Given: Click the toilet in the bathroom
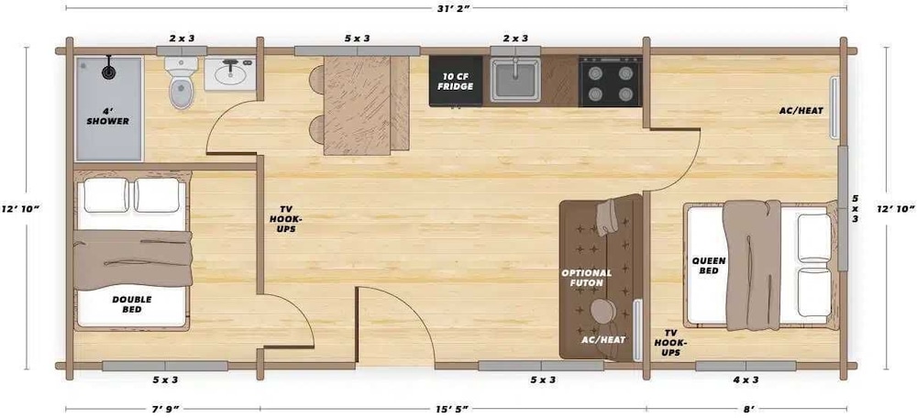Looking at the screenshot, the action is (x=182, y=82).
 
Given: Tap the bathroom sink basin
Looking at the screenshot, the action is (x=230, y=74).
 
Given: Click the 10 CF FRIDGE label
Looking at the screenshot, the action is (x=456, y=82).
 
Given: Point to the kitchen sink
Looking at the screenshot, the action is (x=515, y=80).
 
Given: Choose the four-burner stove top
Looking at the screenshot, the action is (x=610, y=82).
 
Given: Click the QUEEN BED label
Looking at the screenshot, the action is (x=709, y=266).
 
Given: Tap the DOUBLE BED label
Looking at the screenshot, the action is (x=132, y=304).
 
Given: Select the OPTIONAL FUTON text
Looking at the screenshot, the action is (x=587, y=278).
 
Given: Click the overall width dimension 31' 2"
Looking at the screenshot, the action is (x=456, y=7).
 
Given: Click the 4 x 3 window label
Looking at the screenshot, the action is (x=746, y=380).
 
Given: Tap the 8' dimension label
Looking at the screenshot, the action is (x=745, y=409).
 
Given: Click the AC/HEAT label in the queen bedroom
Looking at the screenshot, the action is (x=801, y=111).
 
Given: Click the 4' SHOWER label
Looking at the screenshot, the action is (x=108, y=116).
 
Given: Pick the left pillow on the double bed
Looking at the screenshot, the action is (x=105, y=195).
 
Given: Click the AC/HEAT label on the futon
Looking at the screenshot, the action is (x=603, y=339).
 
